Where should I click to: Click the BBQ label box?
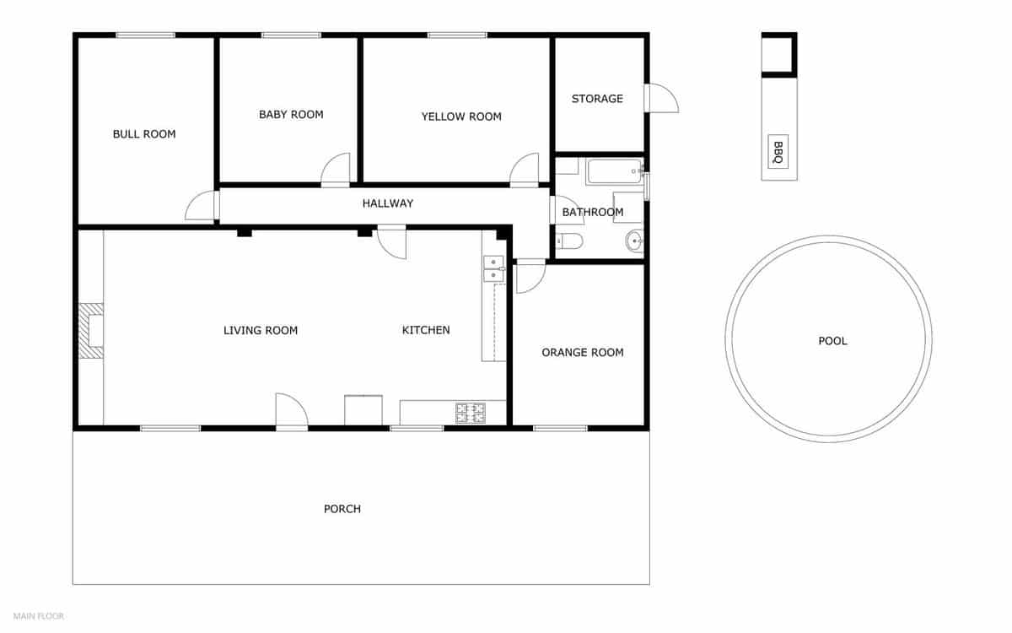click(778, 152)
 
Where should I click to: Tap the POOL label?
click(832, 341)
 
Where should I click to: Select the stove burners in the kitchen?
click(471, 413)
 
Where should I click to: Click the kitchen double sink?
click(493, 268)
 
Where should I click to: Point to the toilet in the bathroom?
click(569, 243)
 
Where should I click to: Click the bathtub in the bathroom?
click(614, 171)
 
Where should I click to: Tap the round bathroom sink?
click(635, 242)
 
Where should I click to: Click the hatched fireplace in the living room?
click(90, 331)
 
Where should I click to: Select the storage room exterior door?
click(660, 98)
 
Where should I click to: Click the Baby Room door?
click(336, 170)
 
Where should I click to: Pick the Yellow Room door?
click(524, 170)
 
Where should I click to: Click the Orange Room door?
click(530, 276)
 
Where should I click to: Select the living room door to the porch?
click(292, 412)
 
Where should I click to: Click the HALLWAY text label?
click(388, 203)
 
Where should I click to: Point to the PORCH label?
click(342, 509)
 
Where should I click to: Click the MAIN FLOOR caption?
click(39, 616)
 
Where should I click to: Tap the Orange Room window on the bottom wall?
click(560, 428)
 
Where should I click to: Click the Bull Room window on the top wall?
click(145, 35)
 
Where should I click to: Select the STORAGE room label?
click(597, 99)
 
